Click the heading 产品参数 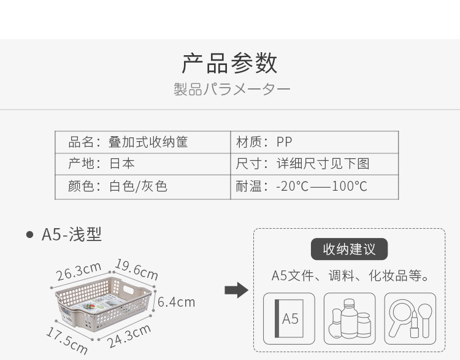point(230,63)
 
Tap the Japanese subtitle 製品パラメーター point(231,90)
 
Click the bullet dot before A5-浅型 point(29,235)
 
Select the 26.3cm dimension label point(79,271)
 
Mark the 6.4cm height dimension point(176,302)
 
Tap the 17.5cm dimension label point(66,340)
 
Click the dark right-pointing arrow point(236,290)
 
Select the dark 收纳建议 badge point(349,250)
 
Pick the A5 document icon point(289,318)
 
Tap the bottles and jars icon point(349,318)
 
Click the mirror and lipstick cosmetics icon point(410,318)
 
